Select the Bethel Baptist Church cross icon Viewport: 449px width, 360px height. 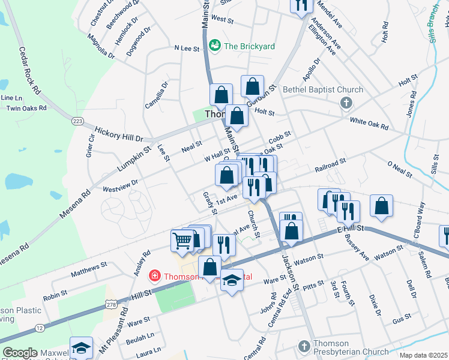coord(346,103)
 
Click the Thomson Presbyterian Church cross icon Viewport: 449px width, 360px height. coord(304,347)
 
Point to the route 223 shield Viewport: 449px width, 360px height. coord(77,121)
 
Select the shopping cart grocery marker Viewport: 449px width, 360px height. coord(182,241)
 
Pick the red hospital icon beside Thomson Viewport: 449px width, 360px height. coord(154,275)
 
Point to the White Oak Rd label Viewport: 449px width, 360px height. coord(369,124)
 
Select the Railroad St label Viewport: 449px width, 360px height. coord(331,166)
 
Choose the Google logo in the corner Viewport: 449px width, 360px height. coord(20,353)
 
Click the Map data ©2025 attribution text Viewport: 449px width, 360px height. coord(423,355)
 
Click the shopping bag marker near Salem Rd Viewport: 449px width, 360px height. coord(381,206)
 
